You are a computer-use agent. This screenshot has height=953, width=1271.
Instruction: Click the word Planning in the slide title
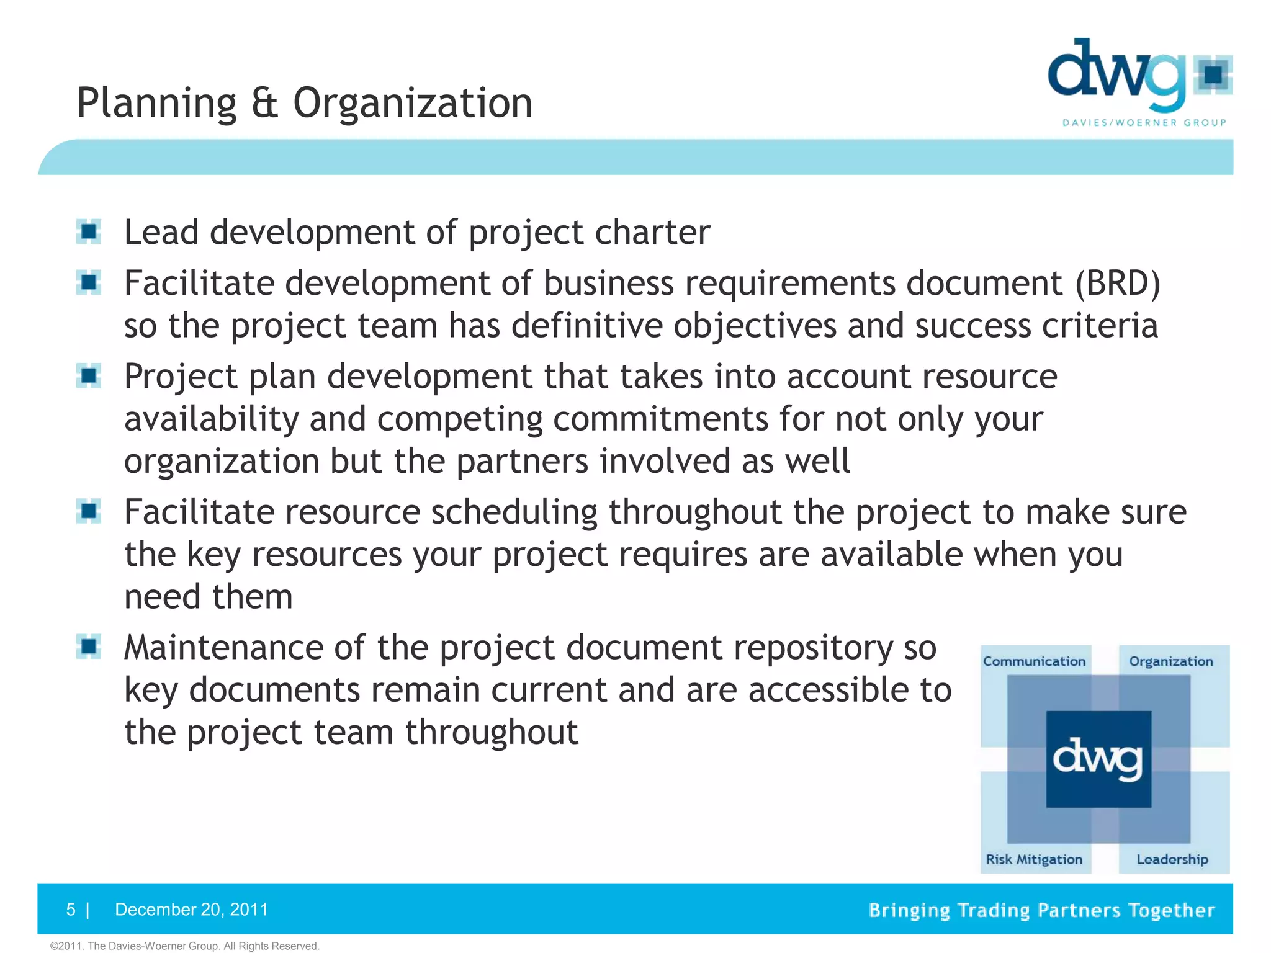click(156, 103)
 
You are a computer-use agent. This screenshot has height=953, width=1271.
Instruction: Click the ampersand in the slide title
click(264, 103)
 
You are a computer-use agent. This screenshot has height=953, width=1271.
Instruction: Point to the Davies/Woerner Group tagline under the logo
click(1144, 123)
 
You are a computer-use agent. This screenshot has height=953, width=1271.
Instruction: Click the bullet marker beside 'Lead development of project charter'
click(89, 232)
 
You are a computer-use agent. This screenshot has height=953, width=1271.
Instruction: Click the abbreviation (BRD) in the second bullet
click(1117, 283)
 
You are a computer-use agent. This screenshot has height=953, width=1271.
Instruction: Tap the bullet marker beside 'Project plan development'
click(89, 376)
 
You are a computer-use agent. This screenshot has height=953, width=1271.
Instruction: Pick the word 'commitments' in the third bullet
click(660, 419)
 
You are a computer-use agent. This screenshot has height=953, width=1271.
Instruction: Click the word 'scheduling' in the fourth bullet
click(514, 512)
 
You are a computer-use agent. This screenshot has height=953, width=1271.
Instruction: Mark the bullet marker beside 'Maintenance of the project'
click(89, 647)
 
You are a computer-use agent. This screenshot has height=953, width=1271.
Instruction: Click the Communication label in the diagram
click(1034, 661)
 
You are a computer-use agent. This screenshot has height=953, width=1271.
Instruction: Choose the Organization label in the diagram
click(1170, 661)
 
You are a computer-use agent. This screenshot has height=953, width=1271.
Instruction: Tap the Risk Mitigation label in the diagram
click(1034, 859)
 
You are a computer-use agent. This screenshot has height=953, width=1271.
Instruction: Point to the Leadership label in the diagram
click(1172, 859)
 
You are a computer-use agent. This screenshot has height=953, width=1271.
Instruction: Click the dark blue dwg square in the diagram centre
click(1098, 759)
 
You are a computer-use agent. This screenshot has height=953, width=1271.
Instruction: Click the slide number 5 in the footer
click(71, 910)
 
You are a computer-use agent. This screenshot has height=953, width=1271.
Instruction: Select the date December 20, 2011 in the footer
click(192, 910)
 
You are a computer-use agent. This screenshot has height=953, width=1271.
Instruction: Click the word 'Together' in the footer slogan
click(1170, 910)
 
